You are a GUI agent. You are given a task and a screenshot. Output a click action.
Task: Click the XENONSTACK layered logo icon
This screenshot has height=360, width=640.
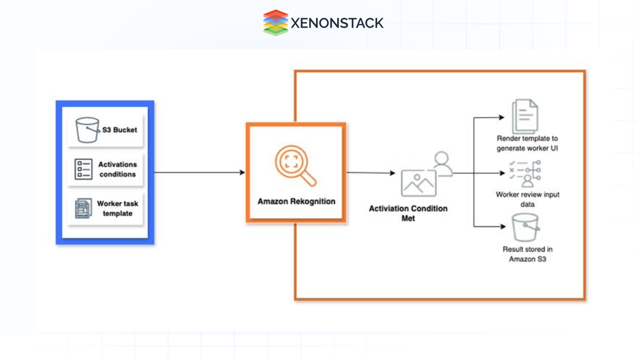coord(275,23)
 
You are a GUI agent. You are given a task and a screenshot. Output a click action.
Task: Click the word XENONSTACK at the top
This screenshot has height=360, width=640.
coord(337,23)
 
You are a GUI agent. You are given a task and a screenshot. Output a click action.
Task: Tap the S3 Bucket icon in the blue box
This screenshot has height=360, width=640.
coord(87,130)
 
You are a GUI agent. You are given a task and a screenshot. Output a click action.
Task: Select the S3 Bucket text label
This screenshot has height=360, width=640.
coord(119,130)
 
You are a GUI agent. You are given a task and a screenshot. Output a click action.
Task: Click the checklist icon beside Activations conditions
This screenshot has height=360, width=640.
coord(83,169)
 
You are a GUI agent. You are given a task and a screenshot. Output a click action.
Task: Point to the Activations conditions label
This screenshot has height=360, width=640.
coord(117,169)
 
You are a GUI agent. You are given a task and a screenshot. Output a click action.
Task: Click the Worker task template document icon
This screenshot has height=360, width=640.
coord(83,208)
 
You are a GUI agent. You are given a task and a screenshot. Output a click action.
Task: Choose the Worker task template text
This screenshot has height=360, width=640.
coord(117,208)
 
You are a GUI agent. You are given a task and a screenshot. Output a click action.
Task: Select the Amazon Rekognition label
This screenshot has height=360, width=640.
coord(296,201)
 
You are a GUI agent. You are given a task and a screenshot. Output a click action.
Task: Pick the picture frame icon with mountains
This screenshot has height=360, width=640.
coord(419,183)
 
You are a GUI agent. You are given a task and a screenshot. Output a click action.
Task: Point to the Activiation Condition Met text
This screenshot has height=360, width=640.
coord(408,213)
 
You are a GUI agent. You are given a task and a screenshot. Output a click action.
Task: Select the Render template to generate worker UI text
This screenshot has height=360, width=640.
coord(527,143)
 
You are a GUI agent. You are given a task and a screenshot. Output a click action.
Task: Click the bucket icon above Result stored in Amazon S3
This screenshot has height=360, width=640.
coord(525,227)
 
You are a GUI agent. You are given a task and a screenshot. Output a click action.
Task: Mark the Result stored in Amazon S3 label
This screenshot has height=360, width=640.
coord(527,254)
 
